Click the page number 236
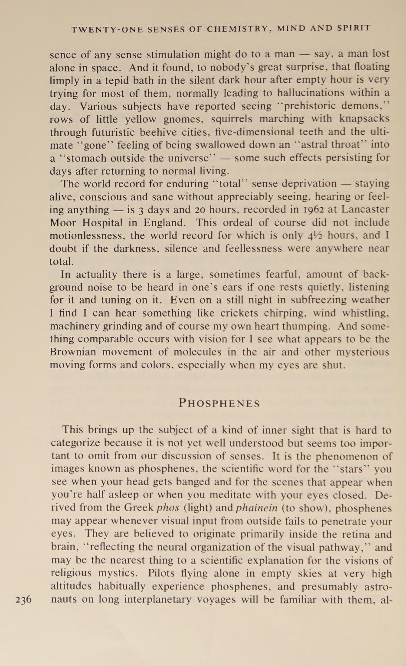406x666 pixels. (23, 600)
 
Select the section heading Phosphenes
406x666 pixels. (219, 403)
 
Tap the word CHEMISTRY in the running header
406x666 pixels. (239, 29)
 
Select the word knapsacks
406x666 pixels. (364, 119)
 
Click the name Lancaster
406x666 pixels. (365, 209)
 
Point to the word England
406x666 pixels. (164, 223)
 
